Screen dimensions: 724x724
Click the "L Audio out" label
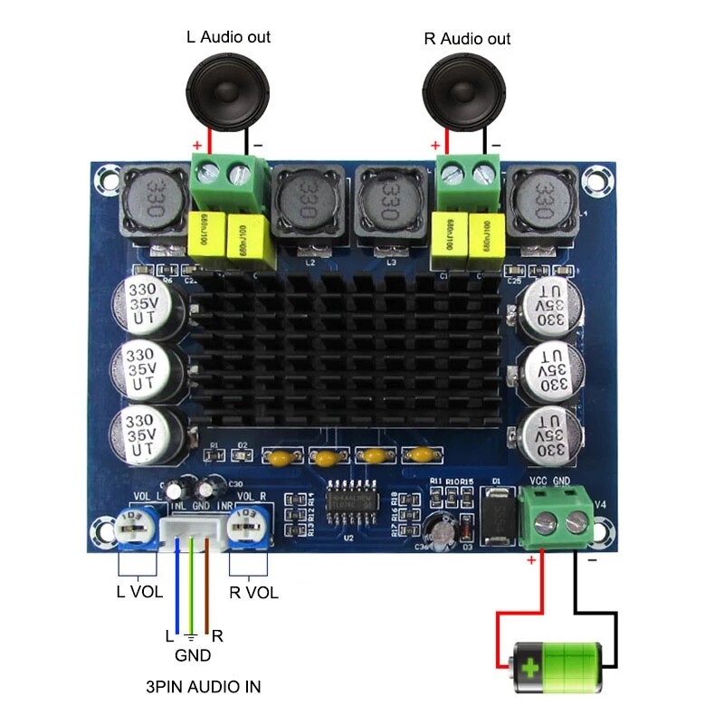tap(228, 37)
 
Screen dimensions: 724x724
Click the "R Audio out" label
tap(467, 39)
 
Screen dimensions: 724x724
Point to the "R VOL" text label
tap(253, 593)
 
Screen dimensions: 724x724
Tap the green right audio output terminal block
tap(469, 178)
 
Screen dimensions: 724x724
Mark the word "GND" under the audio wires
tap(192, 655)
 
